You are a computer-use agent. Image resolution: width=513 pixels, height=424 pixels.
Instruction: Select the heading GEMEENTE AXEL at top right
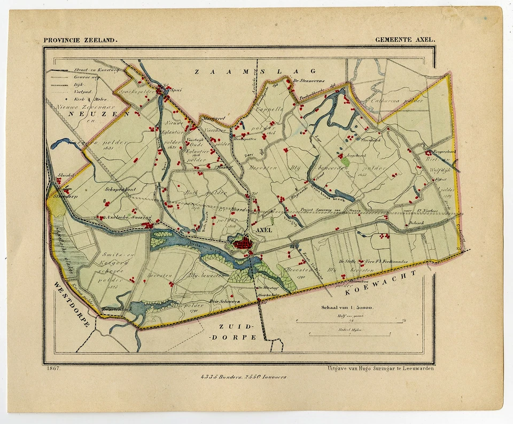(405, 40)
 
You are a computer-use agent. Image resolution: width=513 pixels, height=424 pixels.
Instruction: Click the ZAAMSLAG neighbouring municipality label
(255, 71)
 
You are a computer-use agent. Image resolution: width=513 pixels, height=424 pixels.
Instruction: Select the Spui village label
(176, 90)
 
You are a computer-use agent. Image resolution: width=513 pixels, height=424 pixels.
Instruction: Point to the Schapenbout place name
(122, 189)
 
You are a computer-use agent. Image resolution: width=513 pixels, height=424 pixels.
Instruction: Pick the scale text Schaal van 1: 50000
(347, 307)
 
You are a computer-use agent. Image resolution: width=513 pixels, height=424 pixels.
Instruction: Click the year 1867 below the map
(52, 368)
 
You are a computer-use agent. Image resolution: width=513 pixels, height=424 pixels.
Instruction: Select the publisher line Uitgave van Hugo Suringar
(380, 368)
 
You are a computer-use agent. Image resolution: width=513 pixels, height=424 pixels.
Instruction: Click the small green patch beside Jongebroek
(345, 160)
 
